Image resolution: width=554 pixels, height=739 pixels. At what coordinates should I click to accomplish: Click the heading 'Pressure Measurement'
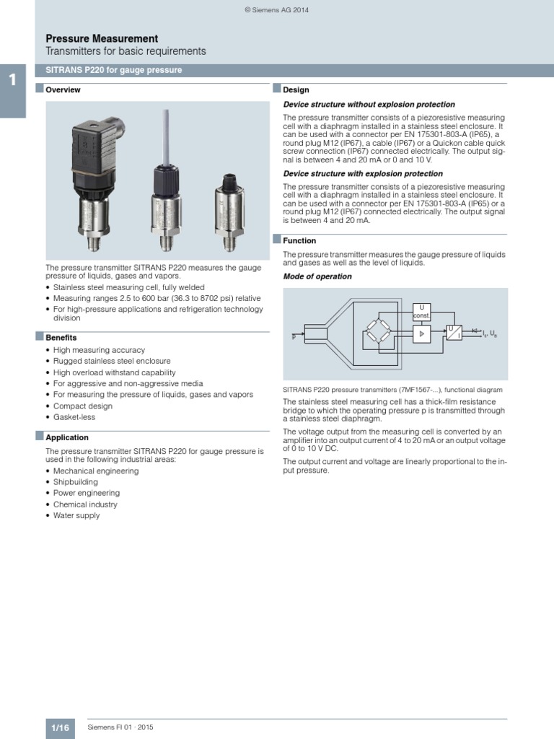point(102,38)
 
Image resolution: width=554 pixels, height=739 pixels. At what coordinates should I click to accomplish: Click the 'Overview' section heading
point(63,90)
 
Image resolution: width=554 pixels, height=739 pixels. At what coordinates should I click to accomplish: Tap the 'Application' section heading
point(67,437)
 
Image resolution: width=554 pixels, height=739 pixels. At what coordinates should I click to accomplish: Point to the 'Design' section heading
point(296,90)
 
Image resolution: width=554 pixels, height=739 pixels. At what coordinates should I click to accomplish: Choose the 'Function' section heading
point(299,241)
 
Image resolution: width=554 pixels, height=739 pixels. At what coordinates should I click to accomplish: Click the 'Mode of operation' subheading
point(317,276)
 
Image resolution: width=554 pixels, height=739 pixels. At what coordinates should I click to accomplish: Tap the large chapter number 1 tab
point(12,80)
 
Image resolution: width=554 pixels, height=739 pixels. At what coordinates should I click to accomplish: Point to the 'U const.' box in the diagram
point(421,312)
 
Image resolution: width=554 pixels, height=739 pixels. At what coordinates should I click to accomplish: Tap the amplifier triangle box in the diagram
point(421,334)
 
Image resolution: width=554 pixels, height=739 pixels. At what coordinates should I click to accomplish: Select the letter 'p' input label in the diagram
point(294,336)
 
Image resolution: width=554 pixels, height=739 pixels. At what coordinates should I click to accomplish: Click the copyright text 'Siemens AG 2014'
point(278,10)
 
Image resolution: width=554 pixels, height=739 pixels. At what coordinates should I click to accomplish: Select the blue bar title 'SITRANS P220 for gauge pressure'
point(114,70)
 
